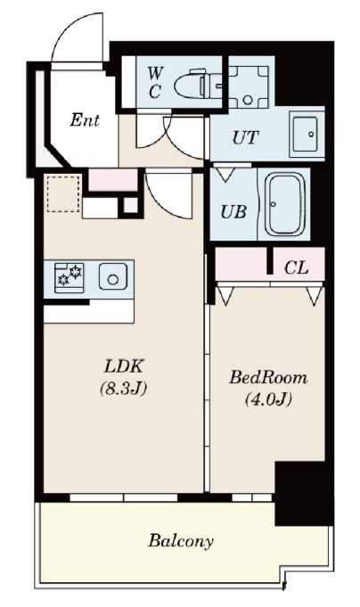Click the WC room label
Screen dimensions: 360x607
pyautogui.click(x=156, y=82)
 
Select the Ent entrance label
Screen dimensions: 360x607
pyautogui.click(x=85, y=120)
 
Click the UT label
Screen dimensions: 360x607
pyautogui.click(x=245, y=137)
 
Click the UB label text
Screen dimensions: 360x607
pyautogui.click(x=233, y=211)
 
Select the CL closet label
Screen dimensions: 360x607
pyautogui.click(x=296, y=267)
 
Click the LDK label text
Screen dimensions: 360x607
pyautogui.click(x=124, y=366)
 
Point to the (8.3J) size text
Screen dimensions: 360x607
pyautogui.click(x=124, y=389)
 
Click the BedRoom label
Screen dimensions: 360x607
pyautogui.click(x=268, y=377)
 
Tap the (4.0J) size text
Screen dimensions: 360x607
pyautogui.click(x=268, y=399)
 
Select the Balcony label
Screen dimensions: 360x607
pyautogui.click(x=181, y=541)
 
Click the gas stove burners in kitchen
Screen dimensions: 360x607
pyautogui.click(x=70, y=275)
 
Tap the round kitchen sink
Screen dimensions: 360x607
pyautogui.click(x=112, y=276)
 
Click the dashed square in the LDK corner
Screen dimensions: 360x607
pyautogui.click(x=63, y=193)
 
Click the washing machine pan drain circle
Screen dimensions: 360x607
pyautogui.click(x=248, y=99)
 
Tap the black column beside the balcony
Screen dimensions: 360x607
pyautogui.click(x=304, y=493)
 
